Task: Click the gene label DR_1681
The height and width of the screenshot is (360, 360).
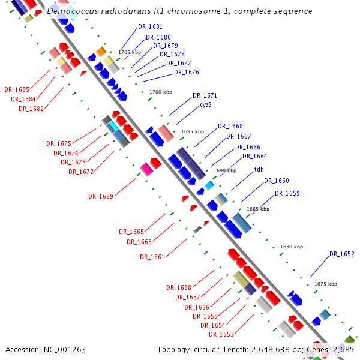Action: coord(150,26)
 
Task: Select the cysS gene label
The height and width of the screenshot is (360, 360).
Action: coord(206,104)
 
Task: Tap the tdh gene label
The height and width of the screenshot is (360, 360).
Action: coord(259,169)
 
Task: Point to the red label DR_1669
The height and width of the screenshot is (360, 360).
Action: coord(101,196)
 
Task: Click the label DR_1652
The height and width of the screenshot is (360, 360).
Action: coord(341,254)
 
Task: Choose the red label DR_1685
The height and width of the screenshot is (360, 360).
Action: coord(17,89)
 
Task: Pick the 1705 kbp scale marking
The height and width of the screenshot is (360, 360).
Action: coord(129,53)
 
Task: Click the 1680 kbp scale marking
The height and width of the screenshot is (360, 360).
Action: coord(292,247)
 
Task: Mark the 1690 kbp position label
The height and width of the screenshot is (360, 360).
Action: coord(225,171)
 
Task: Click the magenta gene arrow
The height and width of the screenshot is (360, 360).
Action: coord(146,169)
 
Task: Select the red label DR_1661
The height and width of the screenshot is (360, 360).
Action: coord(152,257)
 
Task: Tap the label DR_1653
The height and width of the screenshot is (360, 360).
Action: coord(221,334)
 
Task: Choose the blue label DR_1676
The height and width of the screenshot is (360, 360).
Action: coord(186,73)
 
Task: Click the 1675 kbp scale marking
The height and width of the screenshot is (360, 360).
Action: coord(326,284)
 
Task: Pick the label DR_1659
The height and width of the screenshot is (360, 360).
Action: coord(287,193)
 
